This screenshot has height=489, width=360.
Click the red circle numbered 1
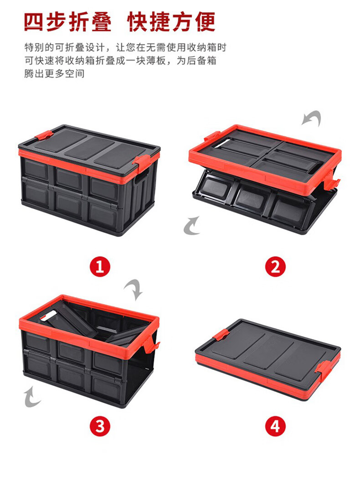100,267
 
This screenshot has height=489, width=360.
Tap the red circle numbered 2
275,267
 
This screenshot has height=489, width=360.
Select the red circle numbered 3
100,427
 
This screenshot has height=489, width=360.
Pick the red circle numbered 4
275,427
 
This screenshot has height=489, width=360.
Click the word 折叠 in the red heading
90,22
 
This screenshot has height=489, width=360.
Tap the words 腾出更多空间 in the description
55,73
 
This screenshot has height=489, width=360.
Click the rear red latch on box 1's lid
44,136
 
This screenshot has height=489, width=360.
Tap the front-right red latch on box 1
142,162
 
